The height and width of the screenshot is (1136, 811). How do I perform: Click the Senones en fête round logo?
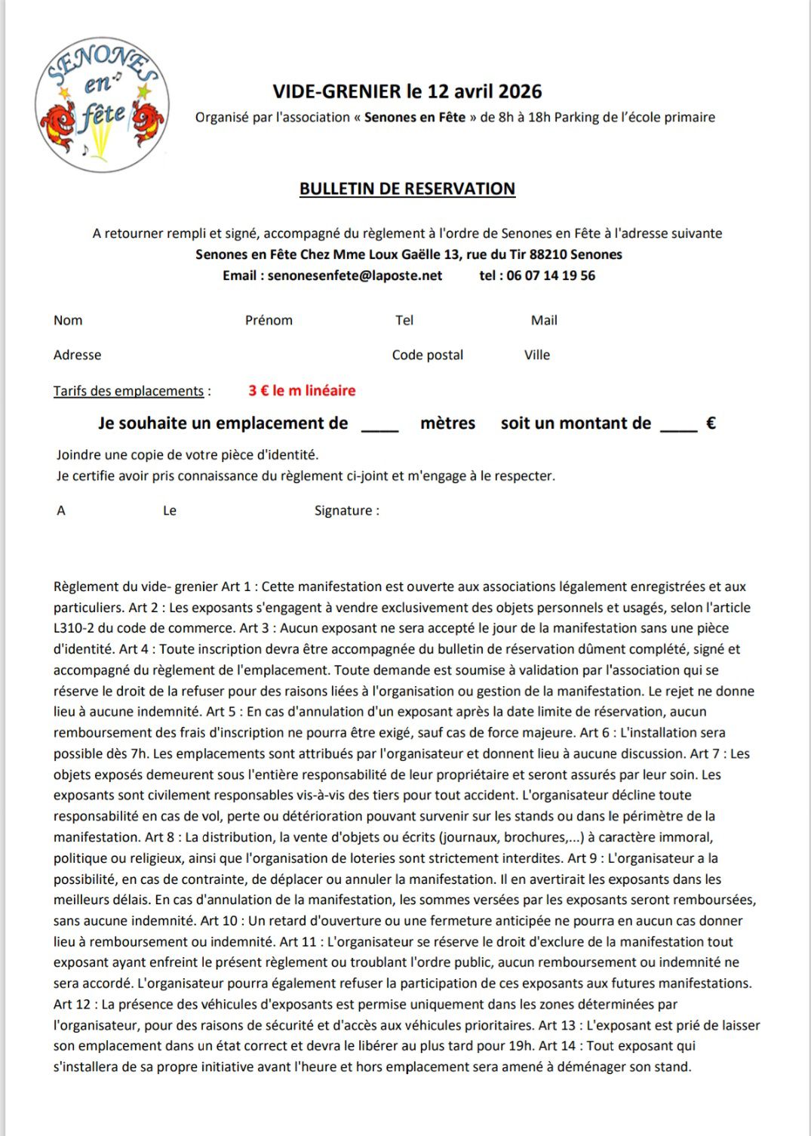point(102,105)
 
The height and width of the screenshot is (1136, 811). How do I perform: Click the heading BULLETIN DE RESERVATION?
point(407,189)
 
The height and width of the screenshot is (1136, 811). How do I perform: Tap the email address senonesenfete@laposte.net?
point(355,276)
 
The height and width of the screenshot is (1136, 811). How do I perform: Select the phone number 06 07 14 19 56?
point(551,276)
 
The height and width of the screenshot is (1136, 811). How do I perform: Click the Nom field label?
point(68,320)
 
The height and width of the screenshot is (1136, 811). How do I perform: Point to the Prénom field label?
point(269,320)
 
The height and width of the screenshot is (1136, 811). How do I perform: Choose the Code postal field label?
point(427,355)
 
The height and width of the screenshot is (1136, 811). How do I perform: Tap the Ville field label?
point(537,355)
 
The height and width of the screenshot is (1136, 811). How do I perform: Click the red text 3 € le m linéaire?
point(302,390)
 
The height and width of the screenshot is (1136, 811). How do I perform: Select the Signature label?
point(343,510)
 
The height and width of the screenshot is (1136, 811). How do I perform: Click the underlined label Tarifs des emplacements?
point(128,391)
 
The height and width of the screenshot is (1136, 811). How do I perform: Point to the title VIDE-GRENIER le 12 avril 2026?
point(407,91)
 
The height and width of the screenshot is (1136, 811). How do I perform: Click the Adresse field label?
point(77,355)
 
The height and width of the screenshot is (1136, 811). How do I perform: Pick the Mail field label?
point(544,320)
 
